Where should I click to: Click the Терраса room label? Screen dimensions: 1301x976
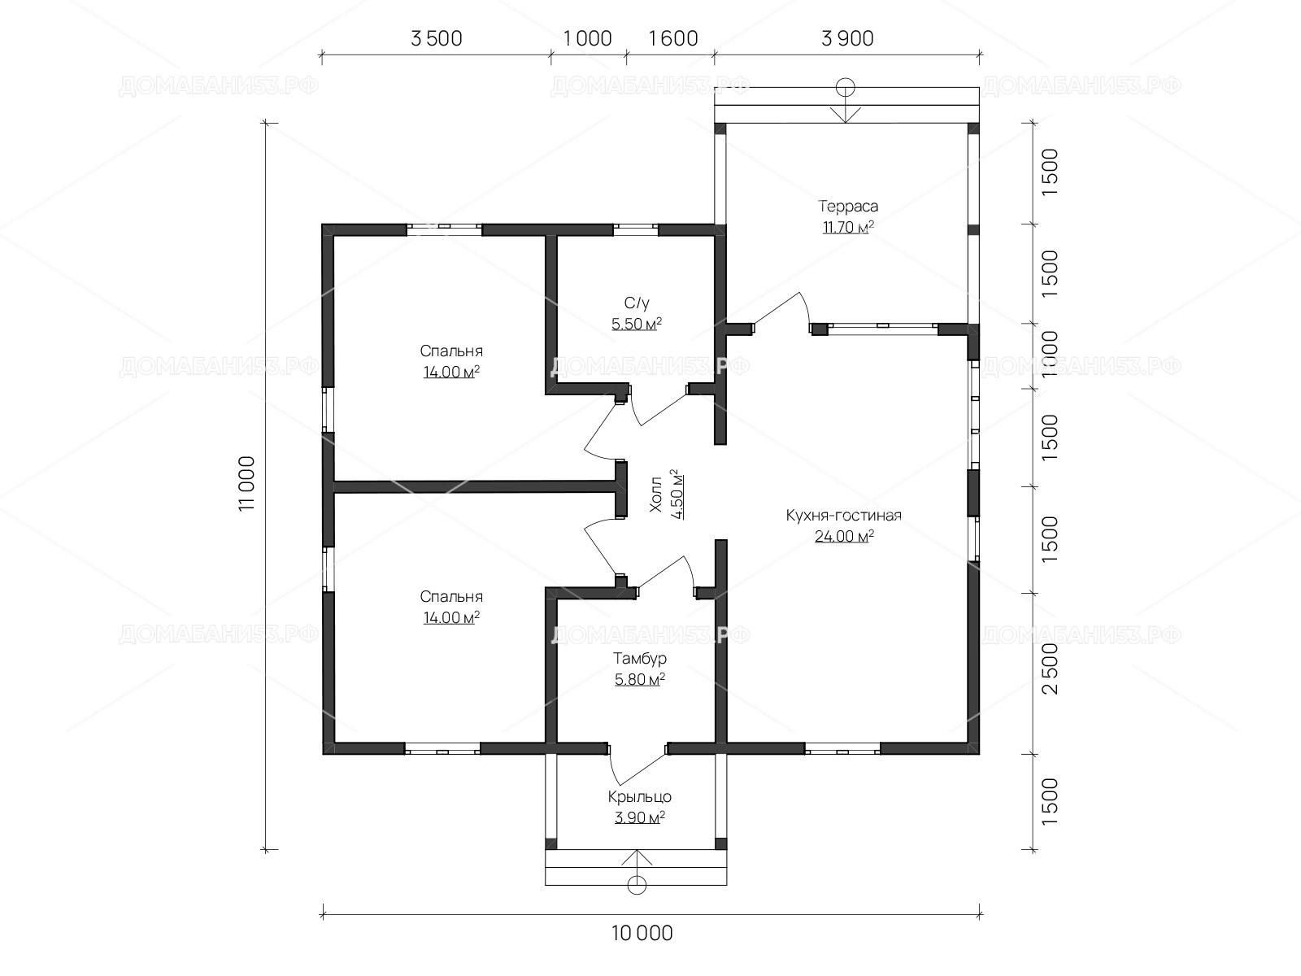pyautogui.click(x=847, y=207)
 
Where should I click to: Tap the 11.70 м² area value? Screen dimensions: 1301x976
pyautogui.click(x=847, y=227)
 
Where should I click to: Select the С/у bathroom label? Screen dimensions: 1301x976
pyautogui.click(x=637, y=303)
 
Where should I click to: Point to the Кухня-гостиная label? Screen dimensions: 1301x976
pyautogui.click(x=844, y=515)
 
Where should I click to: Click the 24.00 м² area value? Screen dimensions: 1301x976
pyautogui.click(x=844, y=536)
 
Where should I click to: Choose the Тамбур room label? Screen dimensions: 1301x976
pyautogui.click(x=640, y=658)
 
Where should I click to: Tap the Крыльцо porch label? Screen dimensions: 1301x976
pyautogui.click(x=640, y=797)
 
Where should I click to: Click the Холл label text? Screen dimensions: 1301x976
pyautogui.click(x=655, y=494)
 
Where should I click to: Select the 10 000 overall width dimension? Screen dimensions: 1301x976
pyautogui.click(x=642, y=934)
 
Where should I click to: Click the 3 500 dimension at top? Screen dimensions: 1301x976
pyautogui.click(x=436, y=38)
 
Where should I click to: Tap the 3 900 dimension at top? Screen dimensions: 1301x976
pyautogui.click(x=847, y=38)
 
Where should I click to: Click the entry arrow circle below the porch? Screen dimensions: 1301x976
pyautogui.click(x=637, y=885)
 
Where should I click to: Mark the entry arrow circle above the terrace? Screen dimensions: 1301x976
pyautogui.click(x=845, y=88)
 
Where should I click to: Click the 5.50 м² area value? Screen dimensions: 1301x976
pyautogui.click(x=637, y=325)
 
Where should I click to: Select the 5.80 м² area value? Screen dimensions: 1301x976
pyautogui.click(x=640, y=679)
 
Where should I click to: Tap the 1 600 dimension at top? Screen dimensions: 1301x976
pyautogui.click(x=673, y=38)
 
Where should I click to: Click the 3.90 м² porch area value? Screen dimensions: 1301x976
pyautogui.click(x=640, y=817)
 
